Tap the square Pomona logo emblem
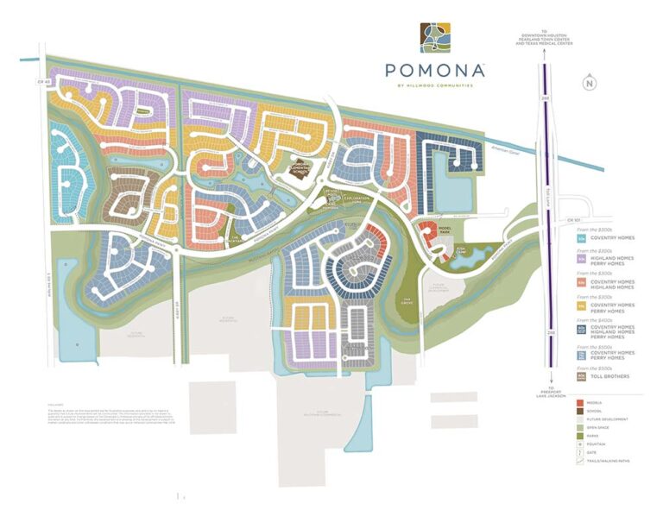435,38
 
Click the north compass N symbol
589,83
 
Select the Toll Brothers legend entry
610,376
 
